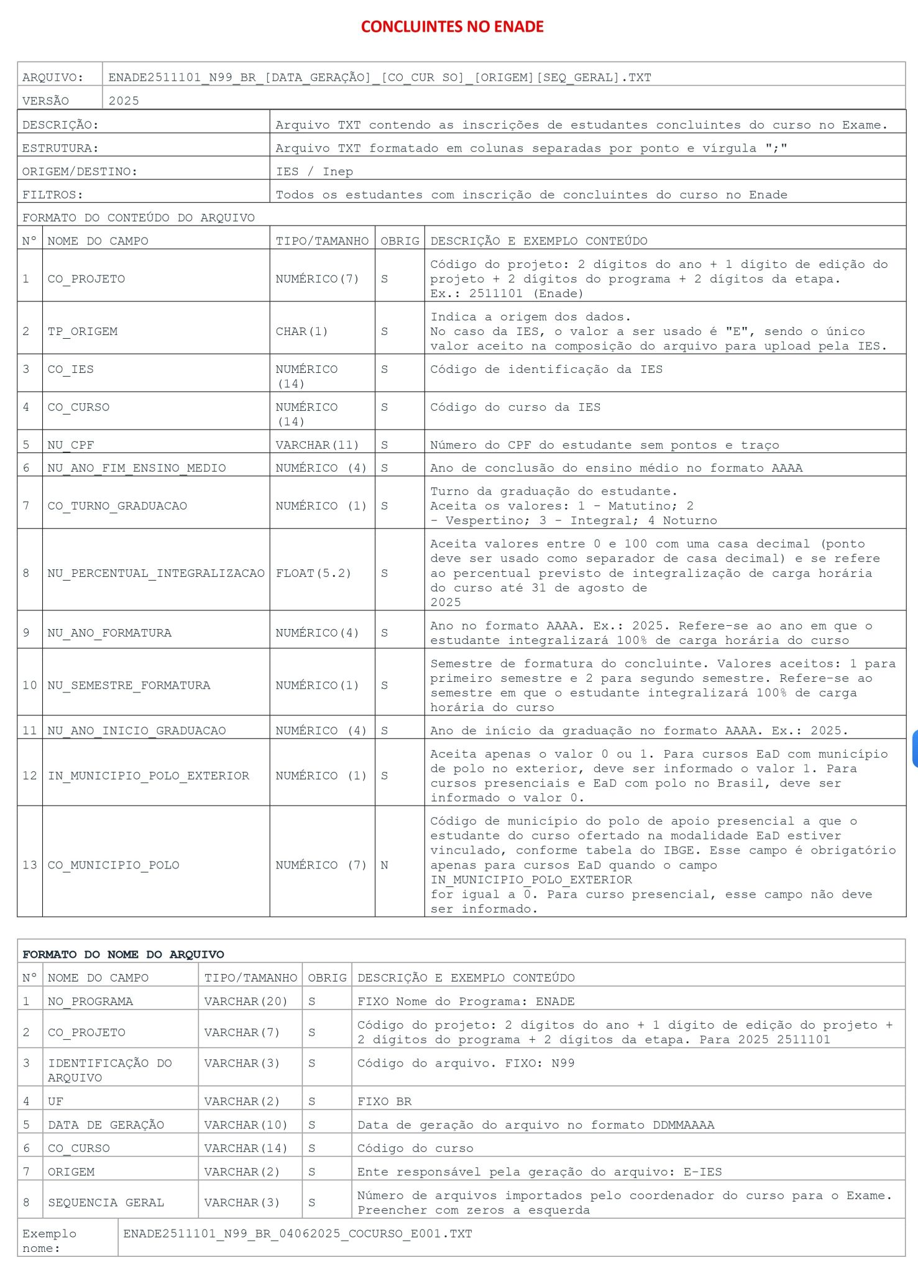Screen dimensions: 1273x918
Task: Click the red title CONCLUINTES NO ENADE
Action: pos(452,27)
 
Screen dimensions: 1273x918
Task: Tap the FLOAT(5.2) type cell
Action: pos(313,573)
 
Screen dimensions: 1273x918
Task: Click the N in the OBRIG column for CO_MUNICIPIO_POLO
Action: pos(384,865)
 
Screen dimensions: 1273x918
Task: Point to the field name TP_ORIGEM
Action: pos(83,331)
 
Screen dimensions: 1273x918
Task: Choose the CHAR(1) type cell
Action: pos(301,331)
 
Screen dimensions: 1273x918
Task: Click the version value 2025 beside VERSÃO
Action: pos(124,101)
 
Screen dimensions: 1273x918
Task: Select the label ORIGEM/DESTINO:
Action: pos(80,172)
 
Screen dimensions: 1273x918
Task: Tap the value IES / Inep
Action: pos(314,172)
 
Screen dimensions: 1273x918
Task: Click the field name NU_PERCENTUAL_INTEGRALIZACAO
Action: pos(156,573)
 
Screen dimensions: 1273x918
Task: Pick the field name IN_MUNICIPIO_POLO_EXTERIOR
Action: pos(149,776)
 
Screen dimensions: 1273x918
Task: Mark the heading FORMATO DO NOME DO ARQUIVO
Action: pos(123,954)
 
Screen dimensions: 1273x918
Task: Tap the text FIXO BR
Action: pos(384,1101)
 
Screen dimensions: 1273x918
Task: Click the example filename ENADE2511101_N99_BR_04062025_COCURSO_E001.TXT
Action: pos(297,1234)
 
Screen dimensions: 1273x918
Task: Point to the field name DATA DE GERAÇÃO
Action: pos(106,1125)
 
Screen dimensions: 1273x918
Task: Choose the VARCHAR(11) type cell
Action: pos(317,445)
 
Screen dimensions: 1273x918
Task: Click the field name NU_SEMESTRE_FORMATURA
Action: pos(129,685)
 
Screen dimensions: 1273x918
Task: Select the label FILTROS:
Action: pos(52,195)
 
